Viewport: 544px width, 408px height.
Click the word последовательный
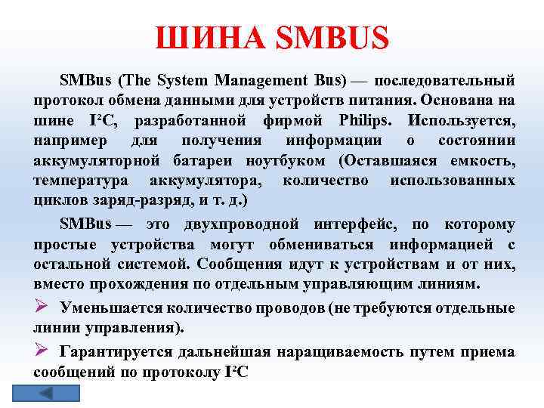[x=445, y=79]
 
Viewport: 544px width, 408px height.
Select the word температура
[x=81, y=181]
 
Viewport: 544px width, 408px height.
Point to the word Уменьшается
[x=122, y=308]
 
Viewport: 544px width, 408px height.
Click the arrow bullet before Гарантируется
[x=42, y=351]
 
